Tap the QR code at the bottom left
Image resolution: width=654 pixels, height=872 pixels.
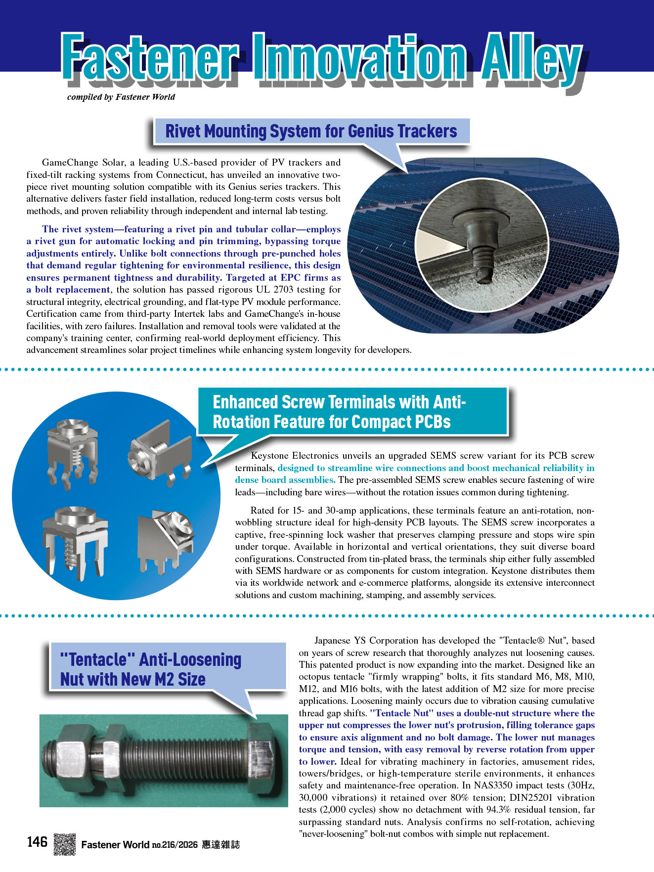64,844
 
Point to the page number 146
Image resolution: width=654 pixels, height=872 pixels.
37,842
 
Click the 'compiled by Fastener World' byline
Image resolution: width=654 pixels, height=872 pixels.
121,97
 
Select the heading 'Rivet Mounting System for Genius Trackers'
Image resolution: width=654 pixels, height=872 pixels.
311,131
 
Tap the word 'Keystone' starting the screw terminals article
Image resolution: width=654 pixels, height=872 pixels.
270,456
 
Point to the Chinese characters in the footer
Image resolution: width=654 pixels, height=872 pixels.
220,845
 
